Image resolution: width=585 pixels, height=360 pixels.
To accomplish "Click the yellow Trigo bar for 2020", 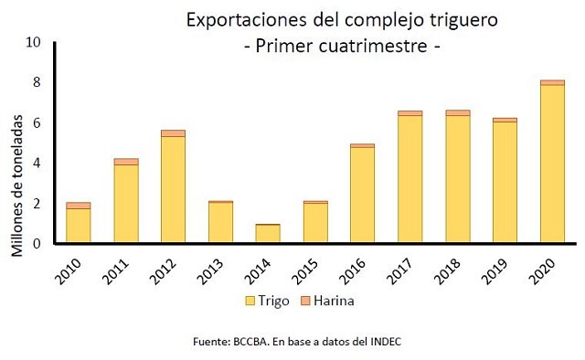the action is [x=552, y=164].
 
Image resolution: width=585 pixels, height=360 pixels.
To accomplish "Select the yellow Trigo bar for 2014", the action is [x=268, y=234].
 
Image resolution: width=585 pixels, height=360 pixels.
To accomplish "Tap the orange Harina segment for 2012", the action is [x=173, y=133].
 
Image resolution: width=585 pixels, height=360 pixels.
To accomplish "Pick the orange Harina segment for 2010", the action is [x=79, y=206].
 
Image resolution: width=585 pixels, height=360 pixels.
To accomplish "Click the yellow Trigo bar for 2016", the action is [x=363, y=196].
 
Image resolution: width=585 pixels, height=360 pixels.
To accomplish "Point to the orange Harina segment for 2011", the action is [x=126, y=162].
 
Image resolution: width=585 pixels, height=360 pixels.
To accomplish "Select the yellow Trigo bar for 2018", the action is [x=457, y=179].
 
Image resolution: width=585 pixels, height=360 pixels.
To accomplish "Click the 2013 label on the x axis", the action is [x=210, y=271].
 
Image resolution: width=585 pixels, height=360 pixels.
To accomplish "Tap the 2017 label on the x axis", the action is [x=399, y=271].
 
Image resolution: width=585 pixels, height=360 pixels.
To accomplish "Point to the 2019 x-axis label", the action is [x=495, y=271].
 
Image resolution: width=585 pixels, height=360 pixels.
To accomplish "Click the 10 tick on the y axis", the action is [x=33, y=42].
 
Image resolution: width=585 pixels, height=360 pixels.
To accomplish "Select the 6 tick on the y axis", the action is [x=37, y=122].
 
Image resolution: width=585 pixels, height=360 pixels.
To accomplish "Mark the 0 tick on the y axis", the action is [x=37, y=244].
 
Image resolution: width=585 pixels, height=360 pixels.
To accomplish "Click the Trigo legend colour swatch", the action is [x=250, y=301].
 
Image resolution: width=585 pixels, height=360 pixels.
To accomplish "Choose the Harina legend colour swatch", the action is [x=305, y=301].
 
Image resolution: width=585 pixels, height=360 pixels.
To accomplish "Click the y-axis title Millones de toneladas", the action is [x=16, y=185].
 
